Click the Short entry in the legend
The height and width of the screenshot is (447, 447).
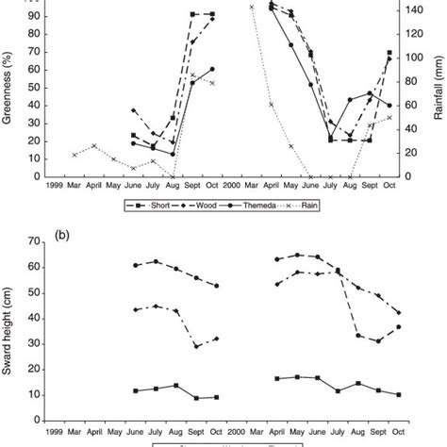[150, 203]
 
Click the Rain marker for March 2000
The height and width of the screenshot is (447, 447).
[252, 7]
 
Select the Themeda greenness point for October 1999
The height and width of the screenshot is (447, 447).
[211, 69]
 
